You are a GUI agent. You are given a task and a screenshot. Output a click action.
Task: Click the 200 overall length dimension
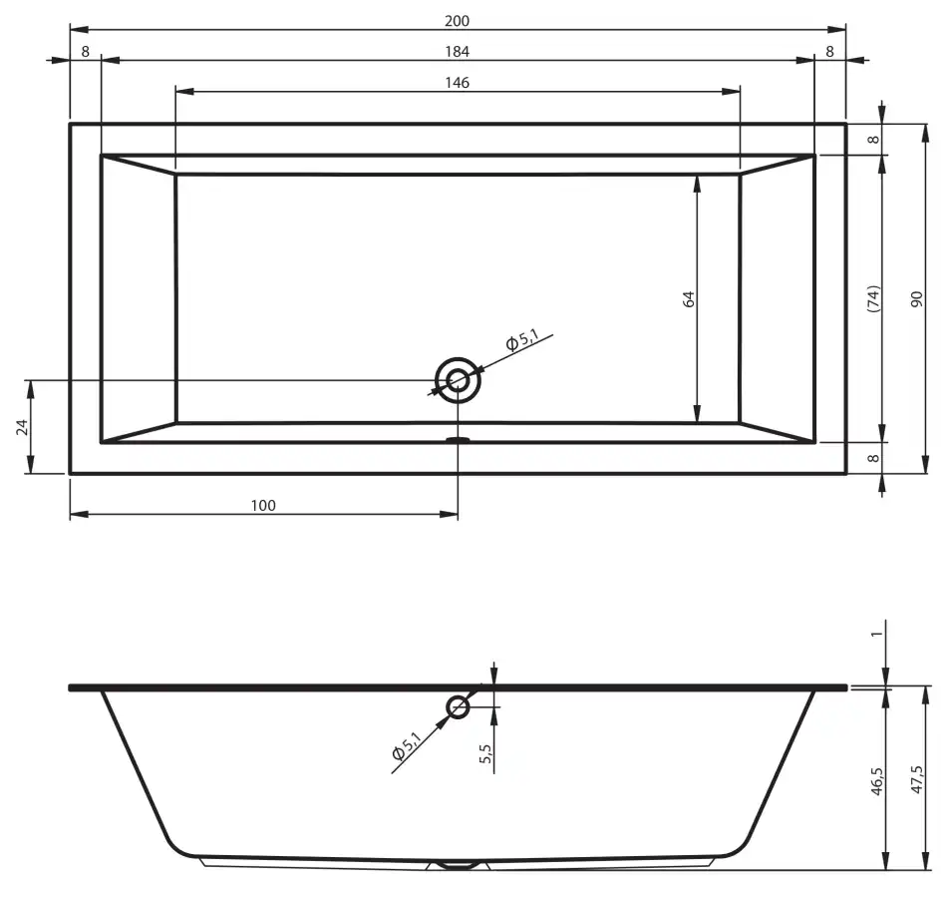coord(457,21)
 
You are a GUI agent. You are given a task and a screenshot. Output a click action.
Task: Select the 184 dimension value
coord(457,51)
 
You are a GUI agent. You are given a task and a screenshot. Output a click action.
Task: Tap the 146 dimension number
coord(457,82)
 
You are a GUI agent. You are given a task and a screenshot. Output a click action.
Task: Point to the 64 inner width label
coord(689,299)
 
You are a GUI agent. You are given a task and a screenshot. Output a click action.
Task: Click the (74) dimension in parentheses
coord(873,298)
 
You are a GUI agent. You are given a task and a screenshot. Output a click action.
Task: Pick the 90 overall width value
coord(916,299)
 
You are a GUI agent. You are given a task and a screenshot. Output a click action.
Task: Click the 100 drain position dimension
coord(263,505)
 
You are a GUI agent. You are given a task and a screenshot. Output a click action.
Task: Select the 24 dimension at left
coord(22,427)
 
